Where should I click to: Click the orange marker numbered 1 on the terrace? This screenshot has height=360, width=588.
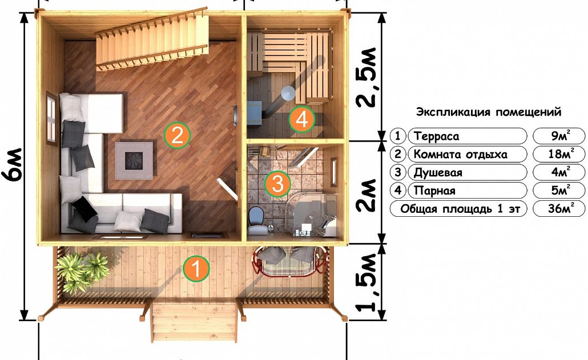click(196, 268)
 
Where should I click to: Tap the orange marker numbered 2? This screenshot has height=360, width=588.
click(177, 135)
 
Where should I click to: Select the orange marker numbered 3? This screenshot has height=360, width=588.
click(277, 184)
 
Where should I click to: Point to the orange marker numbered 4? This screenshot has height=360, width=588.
click(302, 119)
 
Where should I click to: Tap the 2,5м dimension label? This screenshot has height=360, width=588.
click(366, 78)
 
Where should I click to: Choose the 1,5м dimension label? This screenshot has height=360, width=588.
click(366, 282)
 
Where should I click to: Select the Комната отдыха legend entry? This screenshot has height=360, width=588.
click(460, 154)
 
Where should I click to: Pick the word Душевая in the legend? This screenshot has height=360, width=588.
click(438, 172)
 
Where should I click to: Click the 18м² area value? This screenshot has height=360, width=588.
click(559, 153)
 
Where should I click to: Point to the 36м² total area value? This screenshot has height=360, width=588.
click(559, 208)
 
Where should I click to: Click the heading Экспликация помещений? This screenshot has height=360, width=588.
click(489, 112)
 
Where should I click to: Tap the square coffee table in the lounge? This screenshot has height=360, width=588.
click(134, 160)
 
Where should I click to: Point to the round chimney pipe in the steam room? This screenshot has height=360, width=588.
click(288, 93)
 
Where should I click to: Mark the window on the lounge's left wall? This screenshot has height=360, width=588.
click(52, 118)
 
